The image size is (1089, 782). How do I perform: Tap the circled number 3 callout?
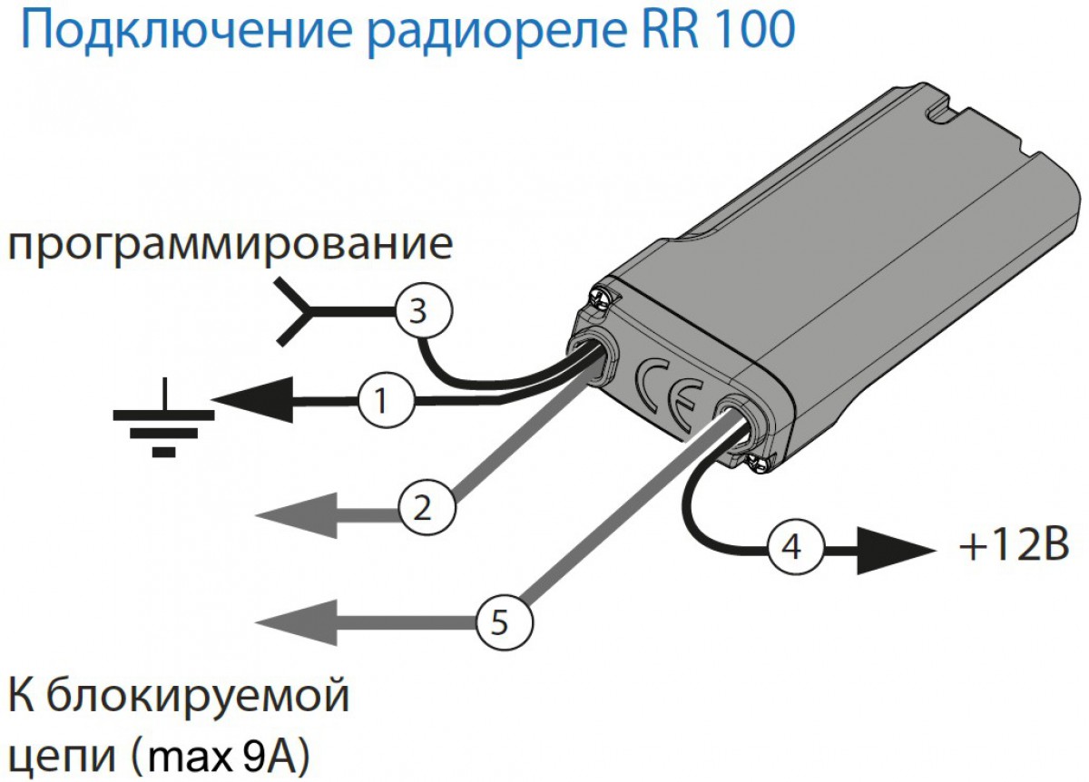coord(422,311)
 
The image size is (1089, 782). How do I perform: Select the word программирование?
coord(230,245)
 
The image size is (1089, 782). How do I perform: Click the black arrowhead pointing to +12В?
coord(894,548)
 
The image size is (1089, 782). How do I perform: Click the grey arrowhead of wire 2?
coord(295,514)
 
